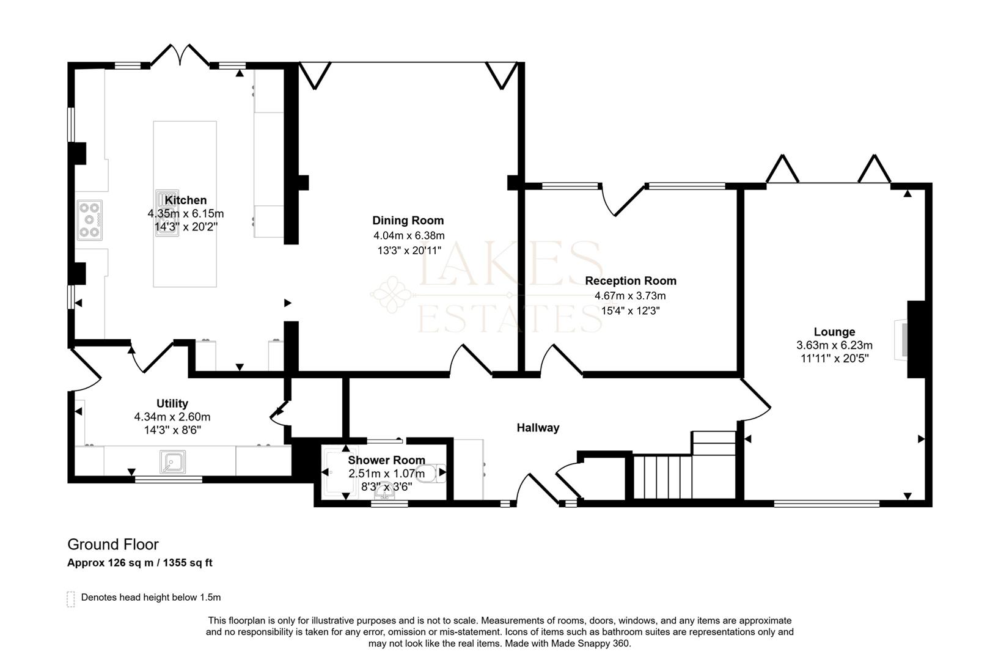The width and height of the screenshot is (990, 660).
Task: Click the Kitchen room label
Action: [x=186, y=200]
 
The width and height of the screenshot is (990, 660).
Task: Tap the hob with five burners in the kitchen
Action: [x=89, y=220]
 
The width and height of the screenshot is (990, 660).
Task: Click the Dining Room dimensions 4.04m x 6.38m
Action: [x=409, y=235]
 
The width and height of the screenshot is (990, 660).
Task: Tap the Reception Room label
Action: [x=631, y=281]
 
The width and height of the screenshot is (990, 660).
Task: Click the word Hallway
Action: [x=538, y=428]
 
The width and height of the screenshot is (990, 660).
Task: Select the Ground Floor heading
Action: [x=113, y=544]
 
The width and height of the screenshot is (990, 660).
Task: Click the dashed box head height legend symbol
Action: [x=71, y=598]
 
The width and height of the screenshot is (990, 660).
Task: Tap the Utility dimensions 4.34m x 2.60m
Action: [x=172, y=417]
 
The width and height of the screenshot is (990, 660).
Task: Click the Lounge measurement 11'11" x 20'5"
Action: [x=835, y=359]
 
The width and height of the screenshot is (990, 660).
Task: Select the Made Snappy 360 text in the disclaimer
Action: [x=590, y=643]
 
